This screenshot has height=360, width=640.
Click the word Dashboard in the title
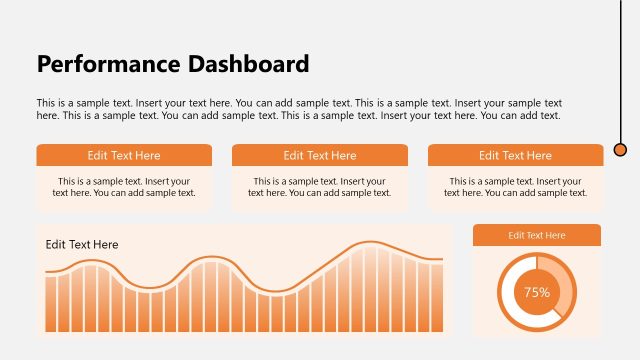248,65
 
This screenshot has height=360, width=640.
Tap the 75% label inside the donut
537,293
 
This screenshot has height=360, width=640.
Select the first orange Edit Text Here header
124,155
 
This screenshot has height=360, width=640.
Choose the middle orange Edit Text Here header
320,155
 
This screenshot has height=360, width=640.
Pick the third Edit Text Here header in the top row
515,155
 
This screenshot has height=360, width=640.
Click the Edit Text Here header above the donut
537,235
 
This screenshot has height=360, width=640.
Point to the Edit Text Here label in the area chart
82,245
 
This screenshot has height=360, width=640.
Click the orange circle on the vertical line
620,150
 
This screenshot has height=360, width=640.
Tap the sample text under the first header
124,187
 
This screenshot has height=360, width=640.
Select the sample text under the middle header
320,187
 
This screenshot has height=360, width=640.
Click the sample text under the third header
515,187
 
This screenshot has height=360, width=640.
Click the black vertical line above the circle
620,70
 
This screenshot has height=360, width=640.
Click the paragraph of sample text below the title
299,109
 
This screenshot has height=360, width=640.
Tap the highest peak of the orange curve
370,243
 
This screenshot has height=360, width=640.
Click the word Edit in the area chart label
55,245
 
